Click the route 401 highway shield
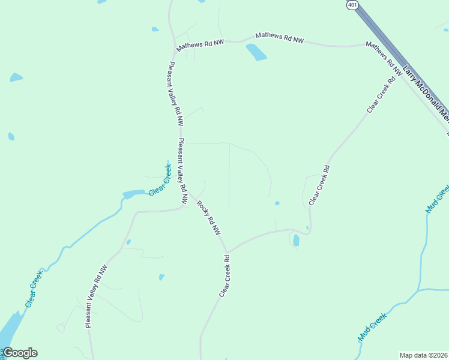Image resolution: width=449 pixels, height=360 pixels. coord(352,5)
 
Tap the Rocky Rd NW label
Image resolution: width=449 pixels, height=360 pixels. coord(209,217)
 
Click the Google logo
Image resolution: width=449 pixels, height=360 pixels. coord(20,353)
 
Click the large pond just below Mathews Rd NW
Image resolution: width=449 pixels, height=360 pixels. coord(256,52)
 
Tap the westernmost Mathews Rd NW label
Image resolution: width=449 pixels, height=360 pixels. coord(200,45)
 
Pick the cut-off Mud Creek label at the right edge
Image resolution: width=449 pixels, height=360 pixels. coord(438,199)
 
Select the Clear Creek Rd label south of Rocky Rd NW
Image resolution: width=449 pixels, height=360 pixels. coord(224,277)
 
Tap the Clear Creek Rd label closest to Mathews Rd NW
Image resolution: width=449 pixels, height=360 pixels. coord(382,95)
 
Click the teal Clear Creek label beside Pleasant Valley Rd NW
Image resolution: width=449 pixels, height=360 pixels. coord(160,179)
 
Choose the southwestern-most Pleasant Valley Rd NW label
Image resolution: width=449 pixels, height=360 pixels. coord(96,296)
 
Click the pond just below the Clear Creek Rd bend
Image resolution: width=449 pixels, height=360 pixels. coord(296,241)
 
